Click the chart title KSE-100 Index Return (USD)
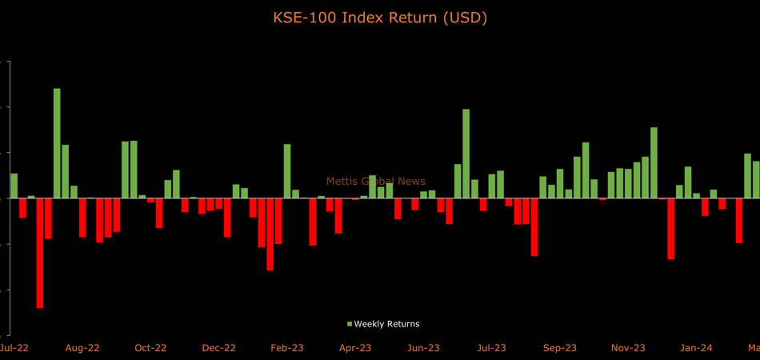coord(380,17)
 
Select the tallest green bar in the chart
coord(57,143)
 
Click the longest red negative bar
coord(40,253)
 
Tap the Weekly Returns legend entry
coord(386,324)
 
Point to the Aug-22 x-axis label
coord(82,348)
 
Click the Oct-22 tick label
coord(150,348)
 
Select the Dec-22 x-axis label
coord(218,348)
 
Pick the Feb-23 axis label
coord(287,348)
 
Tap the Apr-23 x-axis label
coord(355,348)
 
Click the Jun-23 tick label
coord(423,348)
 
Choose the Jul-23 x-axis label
coord(492,348)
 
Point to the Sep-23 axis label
coord(560,348)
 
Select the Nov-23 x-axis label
coord(628,348)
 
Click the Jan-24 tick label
coord(697,348)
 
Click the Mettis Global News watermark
coord(376,182)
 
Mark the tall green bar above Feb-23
coord(287,171)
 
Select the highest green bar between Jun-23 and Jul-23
coord(466,154)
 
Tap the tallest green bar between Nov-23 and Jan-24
coord(654,162)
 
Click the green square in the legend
coord(350,324)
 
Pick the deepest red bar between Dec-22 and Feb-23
coord(270,234)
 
